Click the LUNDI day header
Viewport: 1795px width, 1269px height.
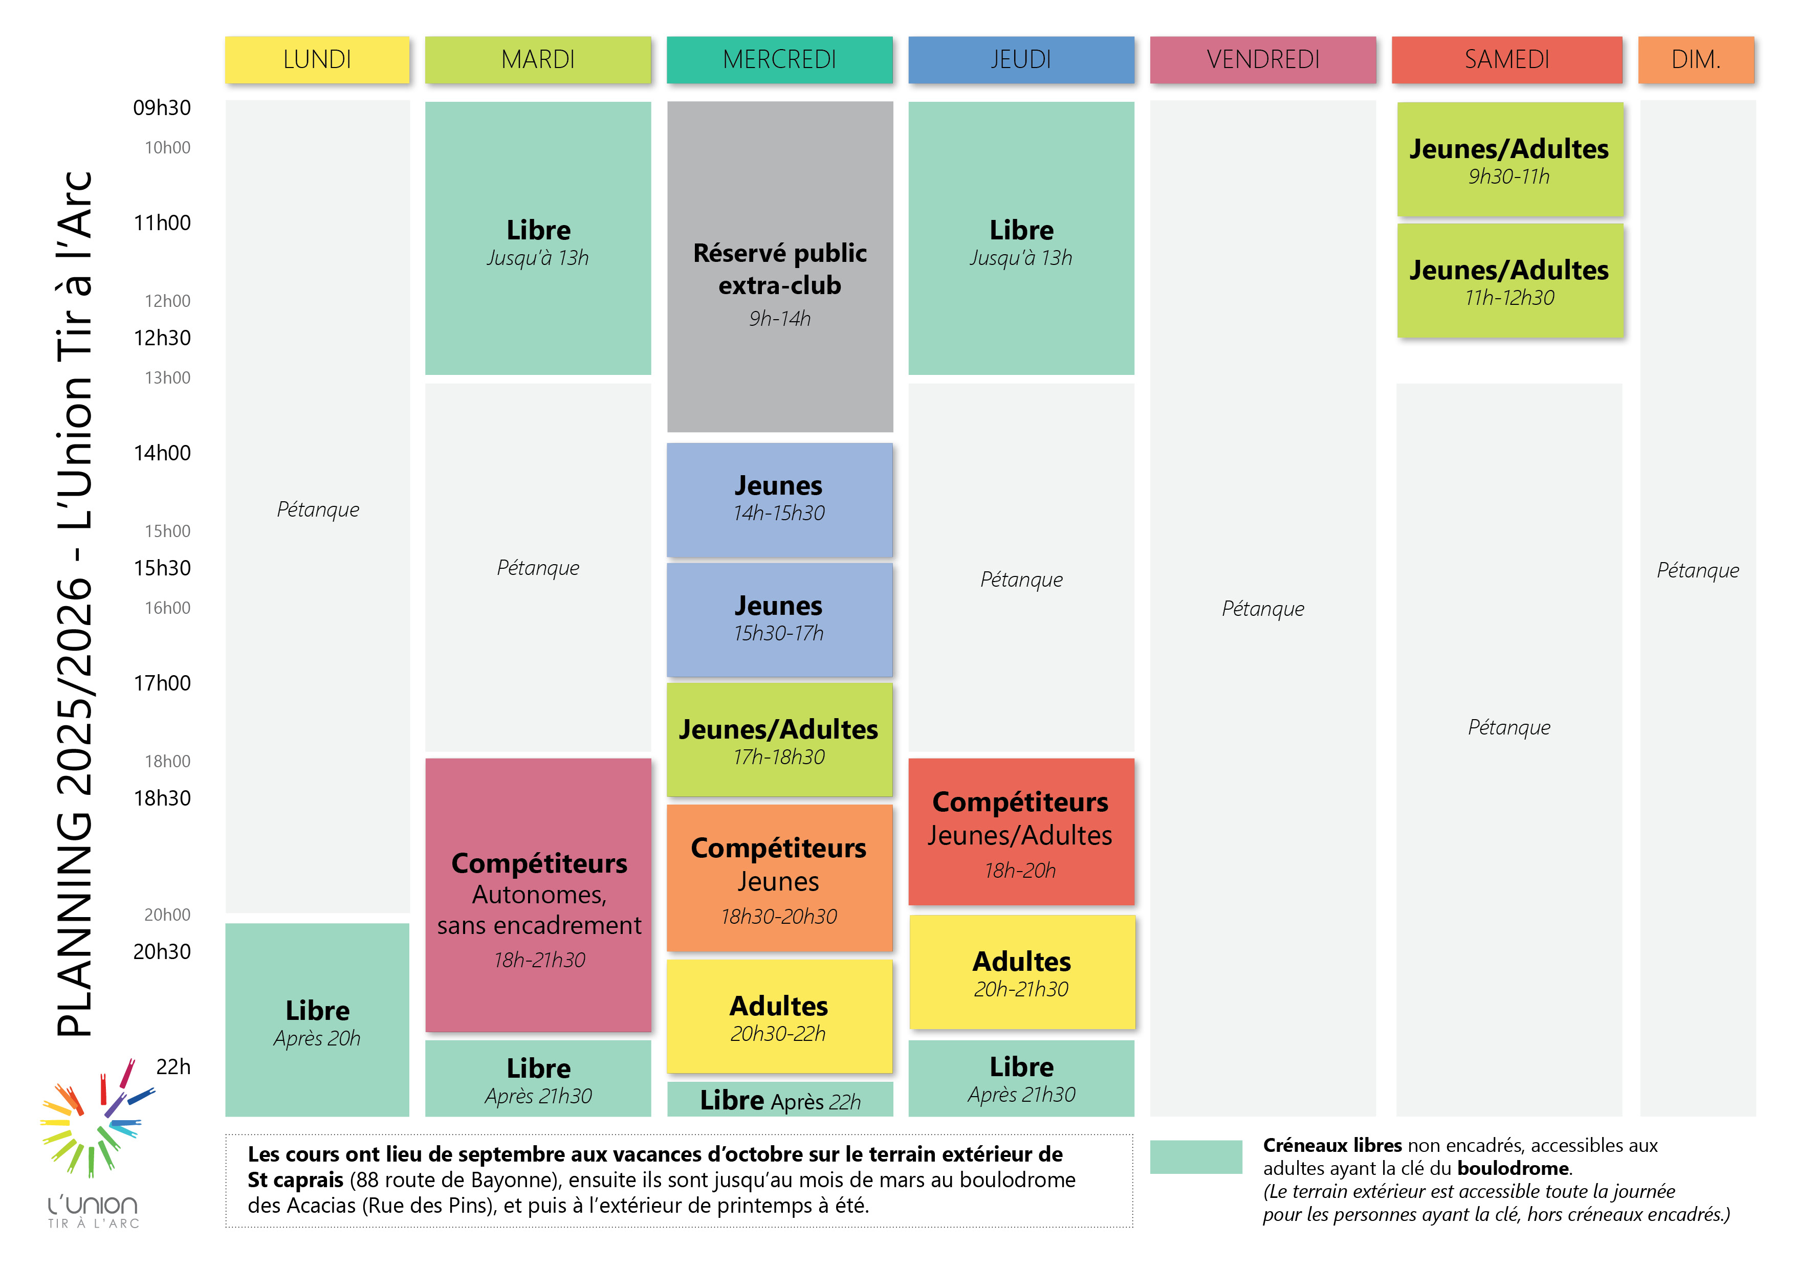(x=317, y=59)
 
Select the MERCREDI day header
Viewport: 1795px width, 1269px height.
(x=779, y=59)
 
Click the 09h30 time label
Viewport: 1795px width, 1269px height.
(x=162, y=108)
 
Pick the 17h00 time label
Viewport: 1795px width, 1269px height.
(x=162, y=683)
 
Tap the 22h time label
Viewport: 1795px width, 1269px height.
(x=173, y=1066)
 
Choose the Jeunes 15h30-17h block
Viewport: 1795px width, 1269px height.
(x=779, y=619)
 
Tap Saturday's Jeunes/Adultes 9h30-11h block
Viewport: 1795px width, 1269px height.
(x=1509, y=160)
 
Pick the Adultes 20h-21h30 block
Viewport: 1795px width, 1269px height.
(x=1021, y=972)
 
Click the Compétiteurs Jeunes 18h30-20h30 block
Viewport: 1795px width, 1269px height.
(x=779, y=879)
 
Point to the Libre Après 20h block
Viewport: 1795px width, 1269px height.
(x=317, y=1020)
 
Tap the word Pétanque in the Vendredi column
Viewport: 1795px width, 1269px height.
(x=1263, y=609)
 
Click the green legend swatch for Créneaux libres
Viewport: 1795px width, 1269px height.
(x=1195, y=1156)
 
